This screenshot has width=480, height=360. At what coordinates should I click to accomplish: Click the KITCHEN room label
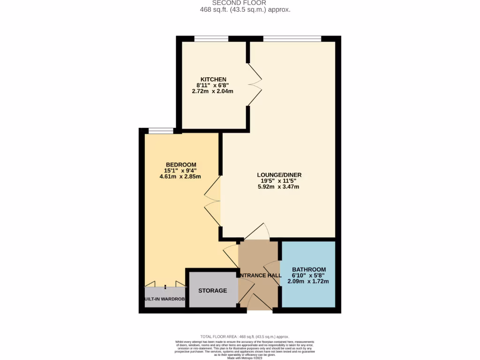(213, 79)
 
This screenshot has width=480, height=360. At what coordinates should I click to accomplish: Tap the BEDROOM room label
(180, 164)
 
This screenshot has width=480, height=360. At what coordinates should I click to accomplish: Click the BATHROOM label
(308, 269)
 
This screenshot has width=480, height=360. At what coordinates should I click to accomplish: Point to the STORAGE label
(212, 291)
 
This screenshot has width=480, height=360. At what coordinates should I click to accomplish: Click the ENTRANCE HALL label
(260, 275)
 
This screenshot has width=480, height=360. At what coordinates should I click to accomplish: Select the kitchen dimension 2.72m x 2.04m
(212, 91)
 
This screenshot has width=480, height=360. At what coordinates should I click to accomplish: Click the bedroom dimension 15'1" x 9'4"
(180, 171)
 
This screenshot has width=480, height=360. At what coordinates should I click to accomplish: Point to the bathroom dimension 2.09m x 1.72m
(308, 281)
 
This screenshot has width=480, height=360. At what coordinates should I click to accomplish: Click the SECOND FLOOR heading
(239, 3)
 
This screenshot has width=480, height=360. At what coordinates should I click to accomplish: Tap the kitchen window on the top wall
(211, 39)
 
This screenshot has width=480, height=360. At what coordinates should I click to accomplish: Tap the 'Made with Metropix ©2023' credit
(245, 358)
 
